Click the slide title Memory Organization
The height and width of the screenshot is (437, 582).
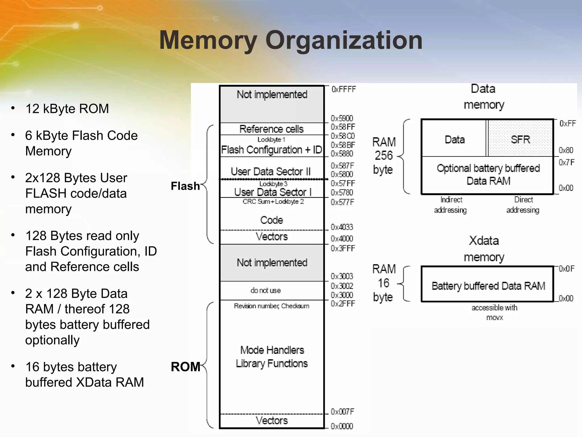[x=291, y=40]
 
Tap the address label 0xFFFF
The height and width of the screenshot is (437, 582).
[x=343, y=89]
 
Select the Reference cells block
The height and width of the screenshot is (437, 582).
[x=271, y=129]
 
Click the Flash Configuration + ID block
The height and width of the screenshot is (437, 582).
[x=271, y=150]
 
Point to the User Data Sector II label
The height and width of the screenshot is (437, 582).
[x=271, y=171]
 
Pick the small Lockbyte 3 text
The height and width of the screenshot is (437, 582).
[x=273, y=184]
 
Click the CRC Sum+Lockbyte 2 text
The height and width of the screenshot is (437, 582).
[x=273, y=202]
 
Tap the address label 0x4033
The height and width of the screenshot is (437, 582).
[x=342, y=227]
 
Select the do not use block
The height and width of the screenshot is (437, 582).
[x=266, y=290]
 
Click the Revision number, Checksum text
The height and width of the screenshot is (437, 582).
[x=271, y=306]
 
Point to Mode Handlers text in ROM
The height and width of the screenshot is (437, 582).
[x=272, y=350]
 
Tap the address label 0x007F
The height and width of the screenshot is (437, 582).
[x=342, y=412]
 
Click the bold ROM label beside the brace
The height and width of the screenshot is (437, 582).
[x=185, y=367]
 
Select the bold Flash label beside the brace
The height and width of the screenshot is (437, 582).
[x=185, y=186]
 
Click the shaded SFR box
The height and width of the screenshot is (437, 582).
[x=520, y=139]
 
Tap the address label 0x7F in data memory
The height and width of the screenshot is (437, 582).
[x=566, y=162]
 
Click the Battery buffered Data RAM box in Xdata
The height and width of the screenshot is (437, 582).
[x=488, y=286]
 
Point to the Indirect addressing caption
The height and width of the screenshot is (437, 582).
[x=450, y=205]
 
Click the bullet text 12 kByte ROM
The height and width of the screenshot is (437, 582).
[x=67, y=109]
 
